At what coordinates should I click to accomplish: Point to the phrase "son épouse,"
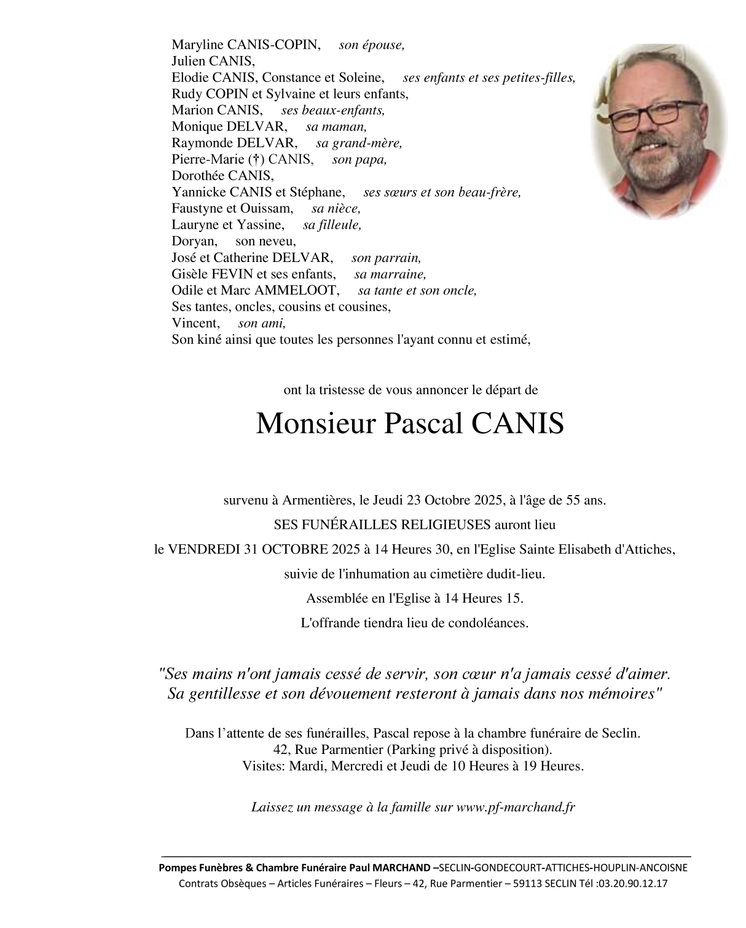pos(372,45)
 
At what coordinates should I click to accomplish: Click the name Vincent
pos(195,323)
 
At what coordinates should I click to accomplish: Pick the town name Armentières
pos(318,501)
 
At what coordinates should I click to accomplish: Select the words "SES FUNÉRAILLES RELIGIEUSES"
pos(382,525)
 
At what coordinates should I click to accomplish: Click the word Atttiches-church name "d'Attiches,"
pos(645,550)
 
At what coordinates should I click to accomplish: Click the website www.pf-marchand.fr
pos(516,807)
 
